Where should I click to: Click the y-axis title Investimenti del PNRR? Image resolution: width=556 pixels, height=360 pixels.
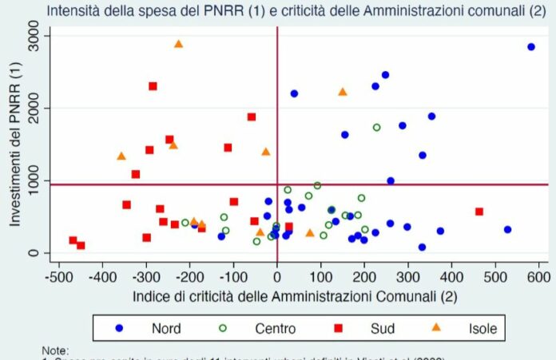click(x=16, y=144)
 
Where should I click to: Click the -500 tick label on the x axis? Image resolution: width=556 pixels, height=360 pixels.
click(x=58, y=277)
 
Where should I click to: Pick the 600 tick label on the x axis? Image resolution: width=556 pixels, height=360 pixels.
click(x=538, y=277)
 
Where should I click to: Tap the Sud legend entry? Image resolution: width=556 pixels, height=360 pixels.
click(x=371, y=328)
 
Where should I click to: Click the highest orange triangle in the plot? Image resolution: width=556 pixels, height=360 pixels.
click(x=178, y=44)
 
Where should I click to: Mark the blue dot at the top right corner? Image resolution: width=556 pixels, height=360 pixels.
click(x=531, y=47)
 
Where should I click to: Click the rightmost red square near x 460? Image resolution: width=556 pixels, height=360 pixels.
click(x=479, y=212)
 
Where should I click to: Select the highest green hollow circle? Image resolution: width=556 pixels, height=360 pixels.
click(x=377, y=127)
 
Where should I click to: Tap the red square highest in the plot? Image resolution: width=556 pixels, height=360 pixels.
click(x=153, y=86)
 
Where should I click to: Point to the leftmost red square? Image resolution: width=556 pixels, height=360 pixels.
click(x=73, y=240)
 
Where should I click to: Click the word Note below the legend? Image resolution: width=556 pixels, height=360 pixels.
click(x=57, y=350)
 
